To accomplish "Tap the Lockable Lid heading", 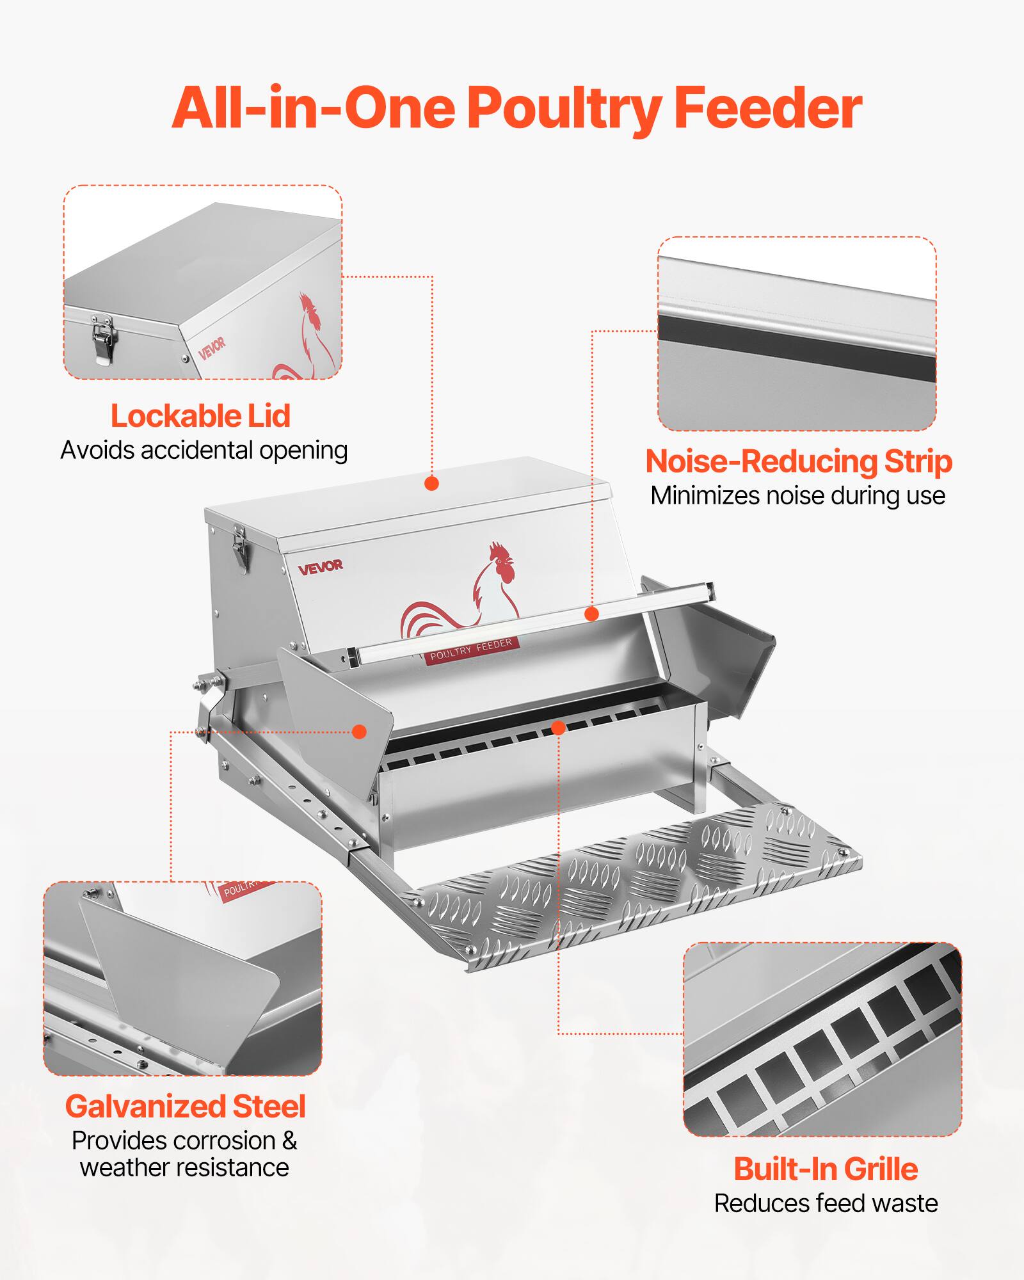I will click(201, 416).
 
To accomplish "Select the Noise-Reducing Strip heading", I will click(798, 461).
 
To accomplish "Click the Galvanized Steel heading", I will click(186, 1107).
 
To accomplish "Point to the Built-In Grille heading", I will click(826, 1169).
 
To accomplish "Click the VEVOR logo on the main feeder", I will click(321, 566).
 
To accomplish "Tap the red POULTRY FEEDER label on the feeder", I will click(472, 649).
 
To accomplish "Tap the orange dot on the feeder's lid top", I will click(432, 483).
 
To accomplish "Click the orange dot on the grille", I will click(558, 728).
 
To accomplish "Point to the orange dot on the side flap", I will click(360, 732).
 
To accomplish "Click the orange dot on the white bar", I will click(592, 614).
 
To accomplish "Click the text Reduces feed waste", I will click(826, 1204).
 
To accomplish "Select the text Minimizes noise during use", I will click(797, 496).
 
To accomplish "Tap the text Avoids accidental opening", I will click(204, 451).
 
